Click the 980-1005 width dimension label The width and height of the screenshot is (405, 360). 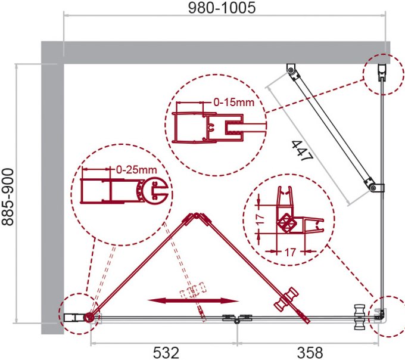(222, 8)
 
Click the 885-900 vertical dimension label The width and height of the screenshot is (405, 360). (8, 197)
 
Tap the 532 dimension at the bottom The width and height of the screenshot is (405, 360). (166, 352)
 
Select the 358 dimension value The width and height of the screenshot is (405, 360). (310, 352)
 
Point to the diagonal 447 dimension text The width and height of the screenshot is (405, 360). (303, 151)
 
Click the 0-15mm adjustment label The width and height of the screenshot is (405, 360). (234, 103)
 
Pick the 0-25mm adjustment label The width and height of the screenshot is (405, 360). (136, 170)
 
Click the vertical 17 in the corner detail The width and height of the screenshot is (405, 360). (260, 219)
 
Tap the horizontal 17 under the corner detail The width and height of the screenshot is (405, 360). (290, 252)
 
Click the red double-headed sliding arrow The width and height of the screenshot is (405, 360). (193, 300)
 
